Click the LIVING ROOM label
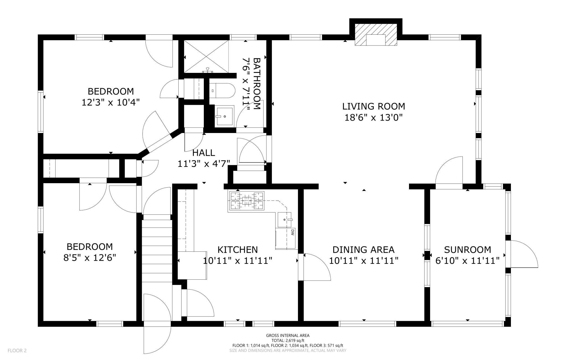374,106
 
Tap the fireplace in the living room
376,35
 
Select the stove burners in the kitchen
246,201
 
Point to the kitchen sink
285,220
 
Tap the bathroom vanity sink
225,115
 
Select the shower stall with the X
207,57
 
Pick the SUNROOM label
467,250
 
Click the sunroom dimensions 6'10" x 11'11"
467,261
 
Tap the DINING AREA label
363,250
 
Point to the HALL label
204,153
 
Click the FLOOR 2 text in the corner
17,351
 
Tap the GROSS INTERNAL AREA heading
288,336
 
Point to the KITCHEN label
238,250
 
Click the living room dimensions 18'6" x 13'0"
374,118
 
